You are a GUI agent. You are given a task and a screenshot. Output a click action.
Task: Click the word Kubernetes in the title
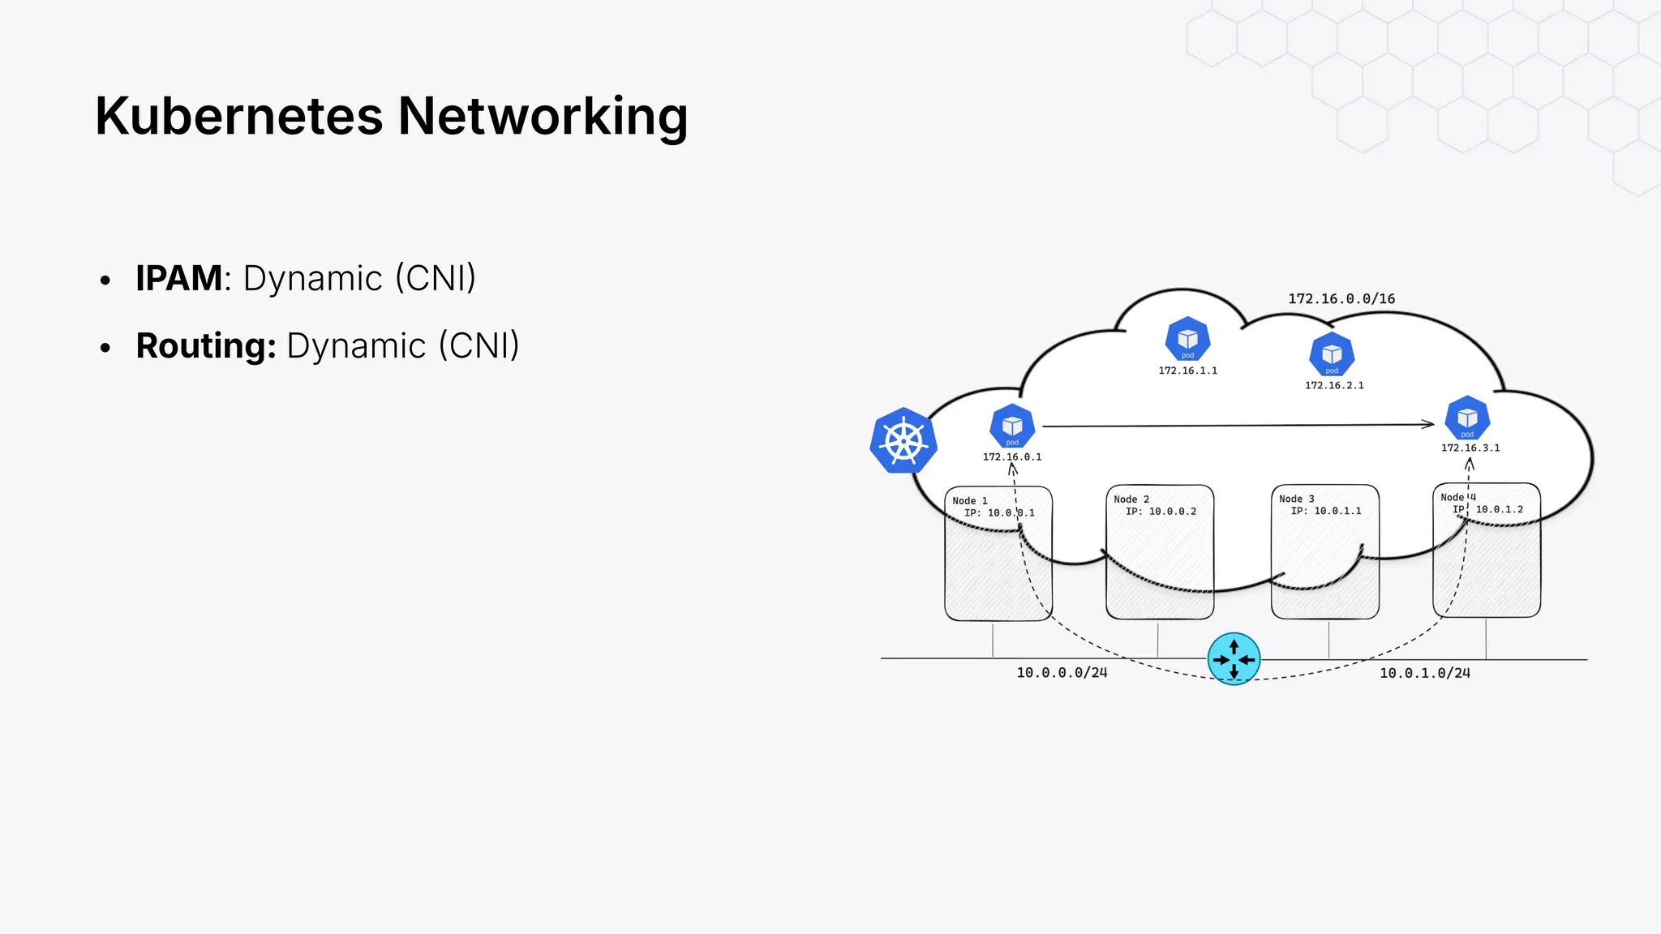238,116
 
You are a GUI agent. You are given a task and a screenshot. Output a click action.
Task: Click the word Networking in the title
543,116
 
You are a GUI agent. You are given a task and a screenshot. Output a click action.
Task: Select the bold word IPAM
178,278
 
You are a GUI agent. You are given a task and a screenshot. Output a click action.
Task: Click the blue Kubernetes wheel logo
903,441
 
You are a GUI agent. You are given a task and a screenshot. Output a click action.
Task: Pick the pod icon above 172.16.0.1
1012,426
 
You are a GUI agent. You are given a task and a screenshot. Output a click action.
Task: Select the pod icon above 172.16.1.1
1187,339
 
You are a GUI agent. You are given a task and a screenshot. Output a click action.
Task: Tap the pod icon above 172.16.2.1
1332,354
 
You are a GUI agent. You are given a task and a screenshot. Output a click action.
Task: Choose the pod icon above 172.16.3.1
1467,418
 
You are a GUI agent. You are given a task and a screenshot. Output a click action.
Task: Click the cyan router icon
1234,659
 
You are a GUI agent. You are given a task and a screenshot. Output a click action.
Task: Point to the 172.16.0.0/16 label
1341,299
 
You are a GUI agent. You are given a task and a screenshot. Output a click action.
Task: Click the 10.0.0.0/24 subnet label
1062,673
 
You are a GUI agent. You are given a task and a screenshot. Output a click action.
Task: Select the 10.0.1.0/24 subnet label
1425,673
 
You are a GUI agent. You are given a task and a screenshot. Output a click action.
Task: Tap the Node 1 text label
970,501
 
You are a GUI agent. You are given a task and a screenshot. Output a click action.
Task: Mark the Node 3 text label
1297,499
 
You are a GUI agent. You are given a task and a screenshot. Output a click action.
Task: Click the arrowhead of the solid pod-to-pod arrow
1430,424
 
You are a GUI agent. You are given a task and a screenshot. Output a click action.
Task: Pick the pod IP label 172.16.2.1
1334,386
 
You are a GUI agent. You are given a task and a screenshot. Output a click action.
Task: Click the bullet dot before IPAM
105,281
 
